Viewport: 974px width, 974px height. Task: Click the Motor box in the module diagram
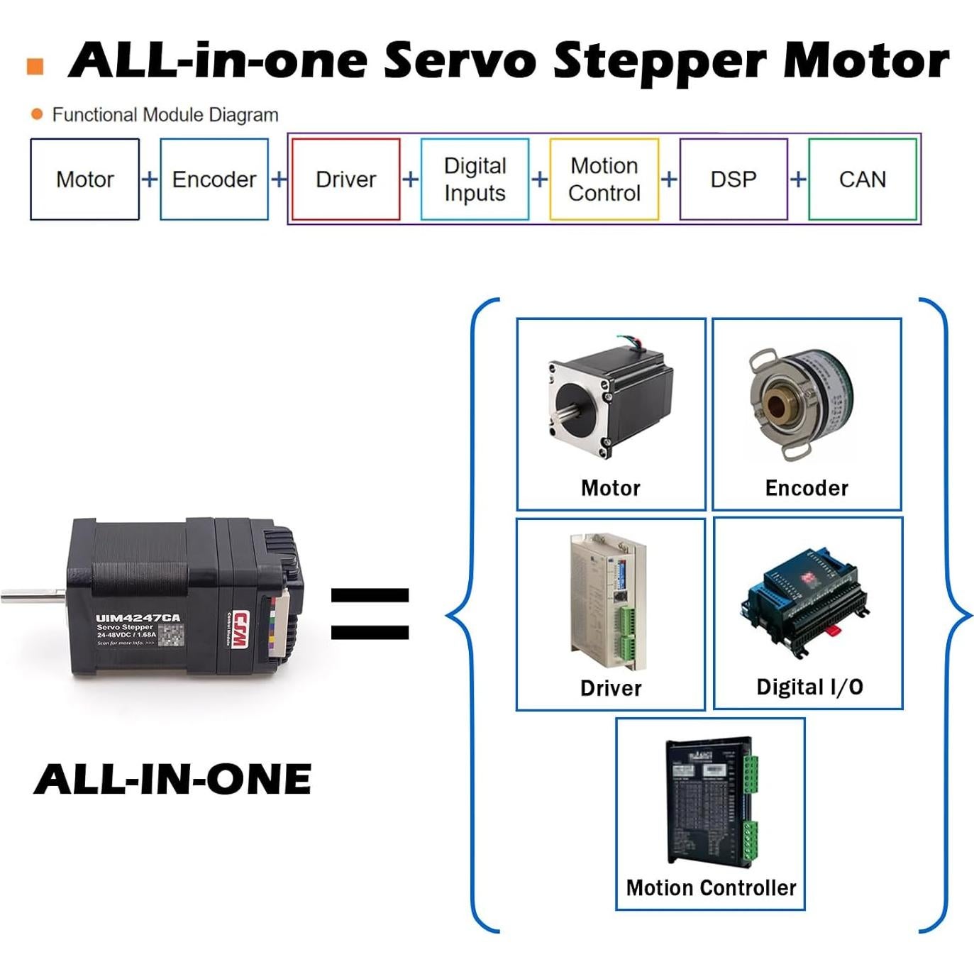point(84,179)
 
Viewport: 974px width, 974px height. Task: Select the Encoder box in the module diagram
point(214,179)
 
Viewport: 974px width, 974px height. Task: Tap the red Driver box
point(345,179)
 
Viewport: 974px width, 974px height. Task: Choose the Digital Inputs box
point(475,179)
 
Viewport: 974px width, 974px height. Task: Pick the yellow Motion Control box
point(604,179)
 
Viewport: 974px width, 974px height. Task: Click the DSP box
point(734,179)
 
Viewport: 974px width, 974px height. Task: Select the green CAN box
point(863,179)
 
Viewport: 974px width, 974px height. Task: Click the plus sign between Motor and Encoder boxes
point(150,179)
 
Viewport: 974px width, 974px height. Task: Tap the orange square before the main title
point(35,67)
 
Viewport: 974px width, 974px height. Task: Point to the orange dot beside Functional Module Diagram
point(37,114)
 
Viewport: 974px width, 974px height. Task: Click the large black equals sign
point(370,614)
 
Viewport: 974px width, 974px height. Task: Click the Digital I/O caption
point(809,687)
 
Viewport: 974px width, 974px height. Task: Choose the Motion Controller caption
point(711,887)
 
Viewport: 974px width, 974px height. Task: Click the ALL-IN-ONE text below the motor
point(172,779)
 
